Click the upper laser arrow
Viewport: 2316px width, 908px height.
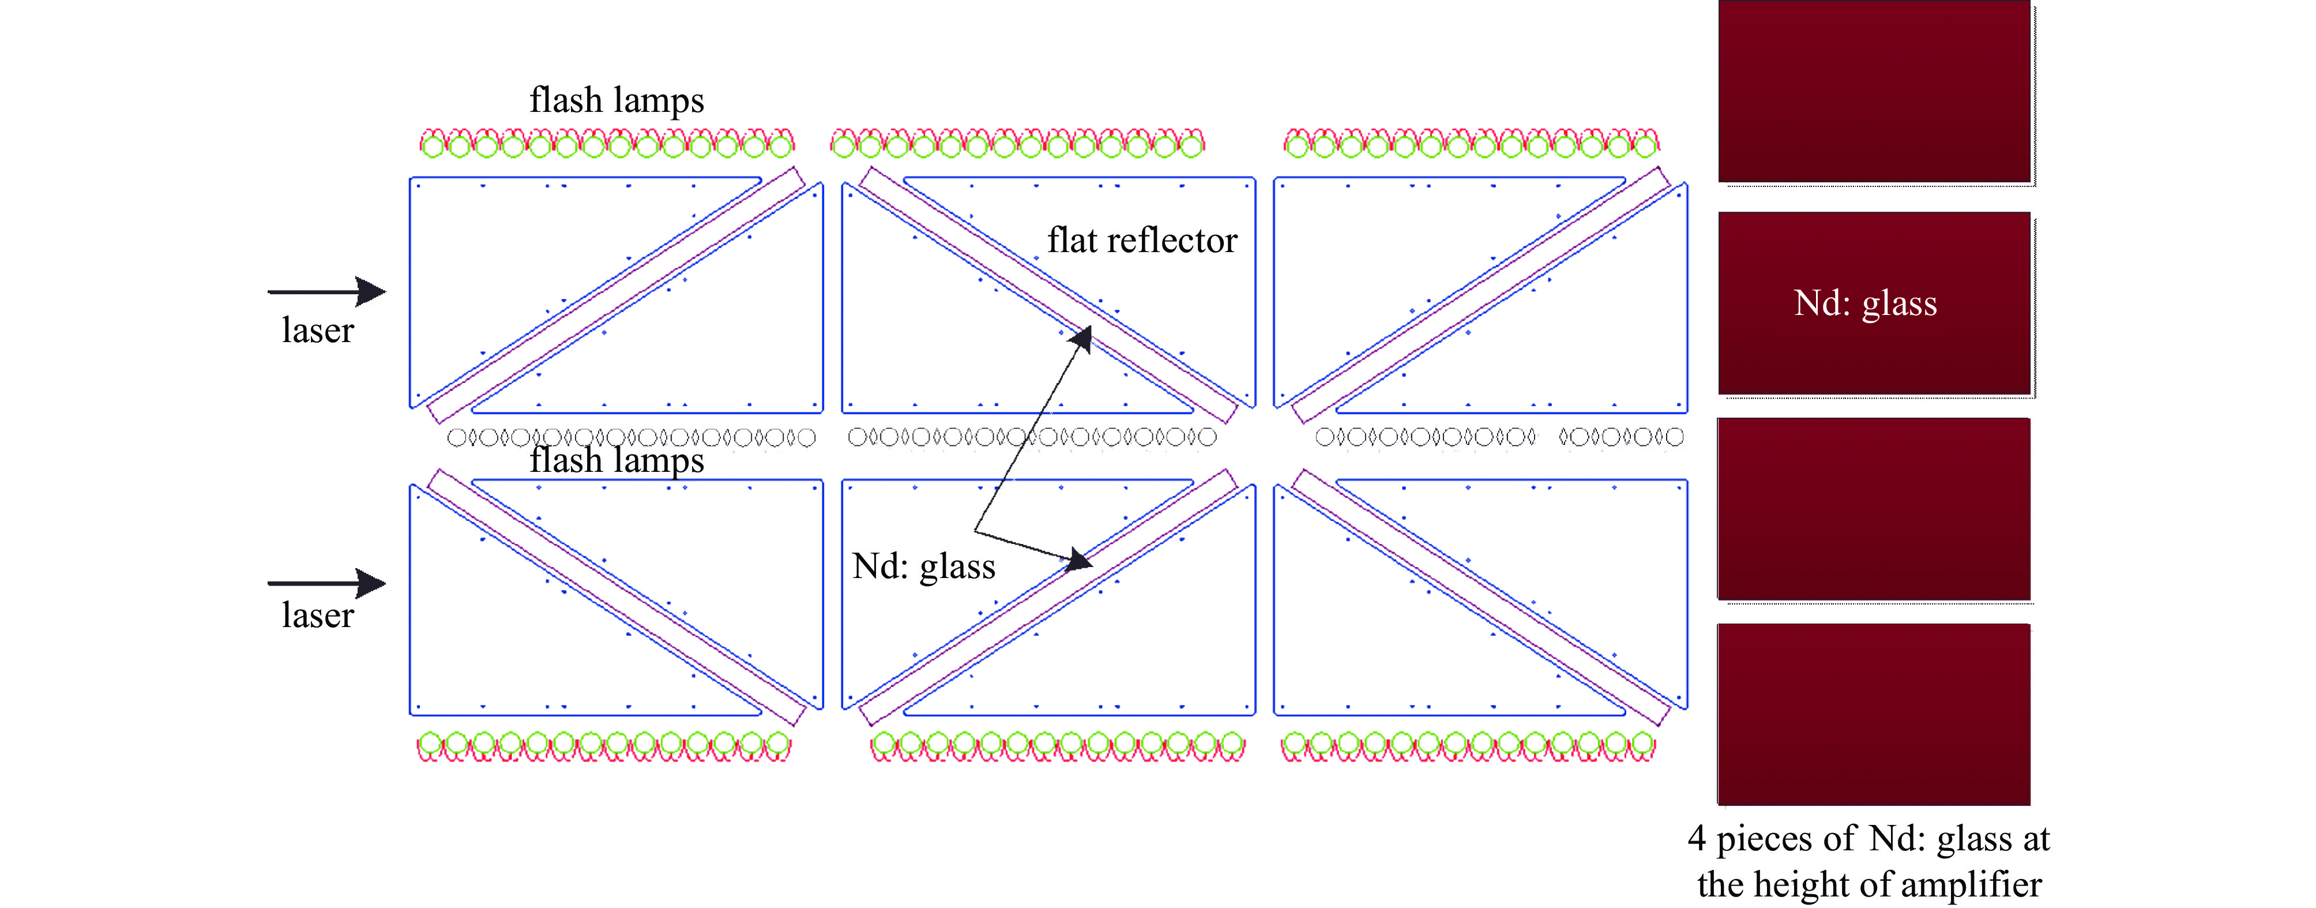coord(326,291)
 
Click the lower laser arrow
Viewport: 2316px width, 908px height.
coord(326,583)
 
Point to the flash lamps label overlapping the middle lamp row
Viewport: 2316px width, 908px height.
coord(616,461)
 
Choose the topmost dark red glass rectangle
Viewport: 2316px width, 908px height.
coord(1875,92)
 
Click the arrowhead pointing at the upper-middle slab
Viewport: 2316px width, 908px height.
coord(1080,340)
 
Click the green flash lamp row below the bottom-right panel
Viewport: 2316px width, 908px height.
coord(1468,746)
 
